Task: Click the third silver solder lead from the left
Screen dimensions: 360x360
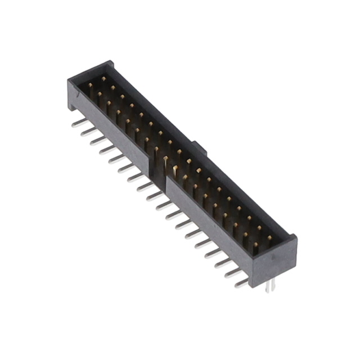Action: (96, 140)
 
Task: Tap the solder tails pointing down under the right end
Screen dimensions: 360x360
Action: (271, 286)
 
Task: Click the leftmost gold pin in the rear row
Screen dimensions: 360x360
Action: (103, 79)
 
